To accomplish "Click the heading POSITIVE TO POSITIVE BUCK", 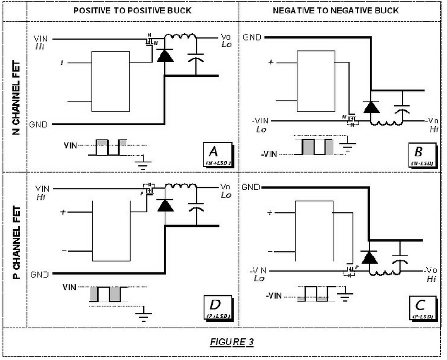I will pyautogui.click(x=133, y=10).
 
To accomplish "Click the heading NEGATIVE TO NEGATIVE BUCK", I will pyautogui.click(x=336, y=10).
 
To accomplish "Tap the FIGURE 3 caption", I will pyautogui.click(x=232, y=342).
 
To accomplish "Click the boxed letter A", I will pyautogui.click(x=215, y=153).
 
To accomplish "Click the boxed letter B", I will pyautogui.click(x=418, y=153).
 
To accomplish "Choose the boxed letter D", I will pyautogui.click(x=215, y=306).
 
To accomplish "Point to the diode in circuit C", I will pyautogui.click(x=369, y=258).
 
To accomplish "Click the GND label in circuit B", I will pyautogui.click(x=252, y=37).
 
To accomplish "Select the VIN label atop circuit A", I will pyautogui.click(x=41, y=38).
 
